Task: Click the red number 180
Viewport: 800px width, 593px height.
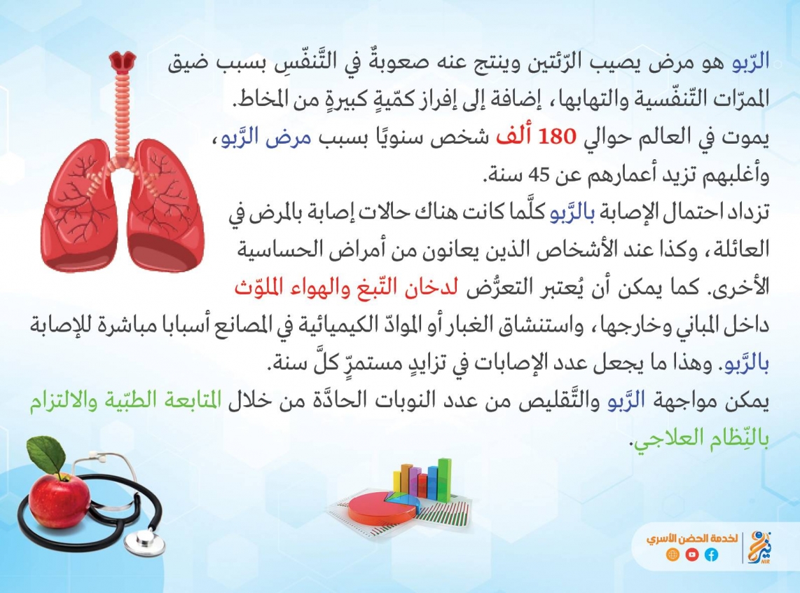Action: [x=558, y=136]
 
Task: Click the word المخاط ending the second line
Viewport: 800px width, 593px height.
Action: [x=260, y=98]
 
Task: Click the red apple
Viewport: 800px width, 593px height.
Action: [x=58, y=500]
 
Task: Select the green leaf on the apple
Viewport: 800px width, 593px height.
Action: [x=47, y=454]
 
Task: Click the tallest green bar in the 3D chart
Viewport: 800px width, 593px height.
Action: [x=445, y=479]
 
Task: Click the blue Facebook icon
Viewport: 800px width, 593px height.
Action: [x=711, y=554]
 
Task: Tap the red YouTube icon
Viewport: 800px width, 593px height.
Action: [x=692, y=554]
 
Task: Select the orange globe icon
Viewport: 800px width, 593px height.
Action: [x=673, y=554]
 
